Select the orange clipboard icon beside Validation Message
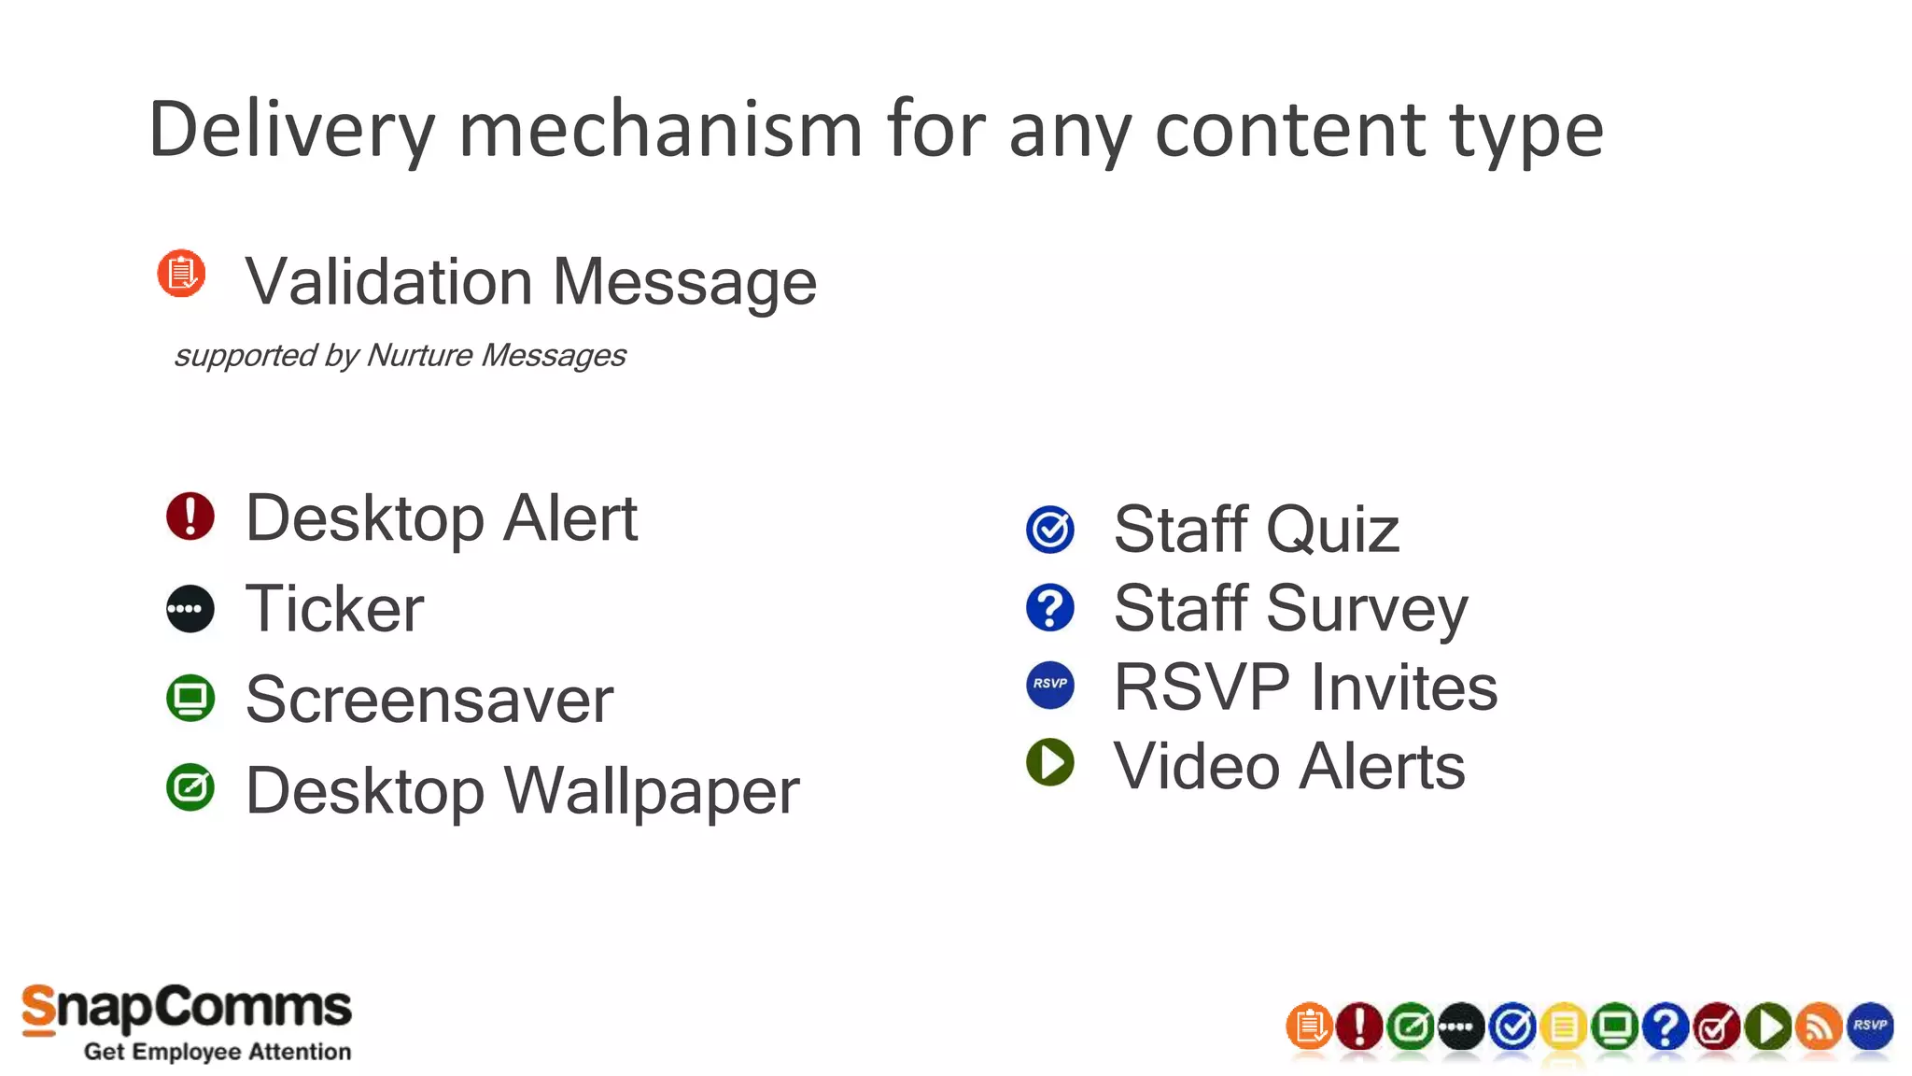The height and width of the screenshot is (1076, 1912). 181,274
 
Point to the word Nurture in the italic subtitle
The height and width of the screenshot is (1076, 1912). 419,355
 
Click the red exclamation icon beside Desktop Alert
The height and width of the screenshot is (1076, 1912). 190,517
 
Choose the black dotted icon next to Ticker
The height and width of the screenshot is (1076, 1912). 190,609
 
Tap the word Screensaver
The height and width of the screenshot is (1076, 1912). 429,700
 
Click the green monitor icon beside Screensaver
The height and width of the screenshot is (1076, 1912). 190,699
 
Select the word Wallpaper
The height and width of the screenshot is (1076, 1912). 653,791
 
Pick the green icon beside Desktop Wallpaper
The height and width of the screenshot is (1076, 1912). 190,787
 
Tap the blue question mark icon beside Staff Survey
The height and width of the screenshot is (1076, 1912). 1050,608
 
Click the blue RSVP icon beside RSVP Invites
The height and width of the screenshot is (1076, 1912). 1050,685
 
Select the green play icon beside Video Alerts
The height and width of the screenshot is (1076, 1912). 1050,762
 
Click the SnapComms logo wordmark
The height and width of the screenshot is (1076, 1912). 187,1009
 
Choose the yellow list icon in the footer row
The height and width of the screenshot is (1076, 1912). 1564,1027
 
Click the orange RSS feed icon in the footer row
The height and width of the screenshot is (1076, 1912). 1819,1027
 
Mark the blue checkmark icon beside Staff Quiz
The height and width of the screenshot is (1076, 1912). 1050,530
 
